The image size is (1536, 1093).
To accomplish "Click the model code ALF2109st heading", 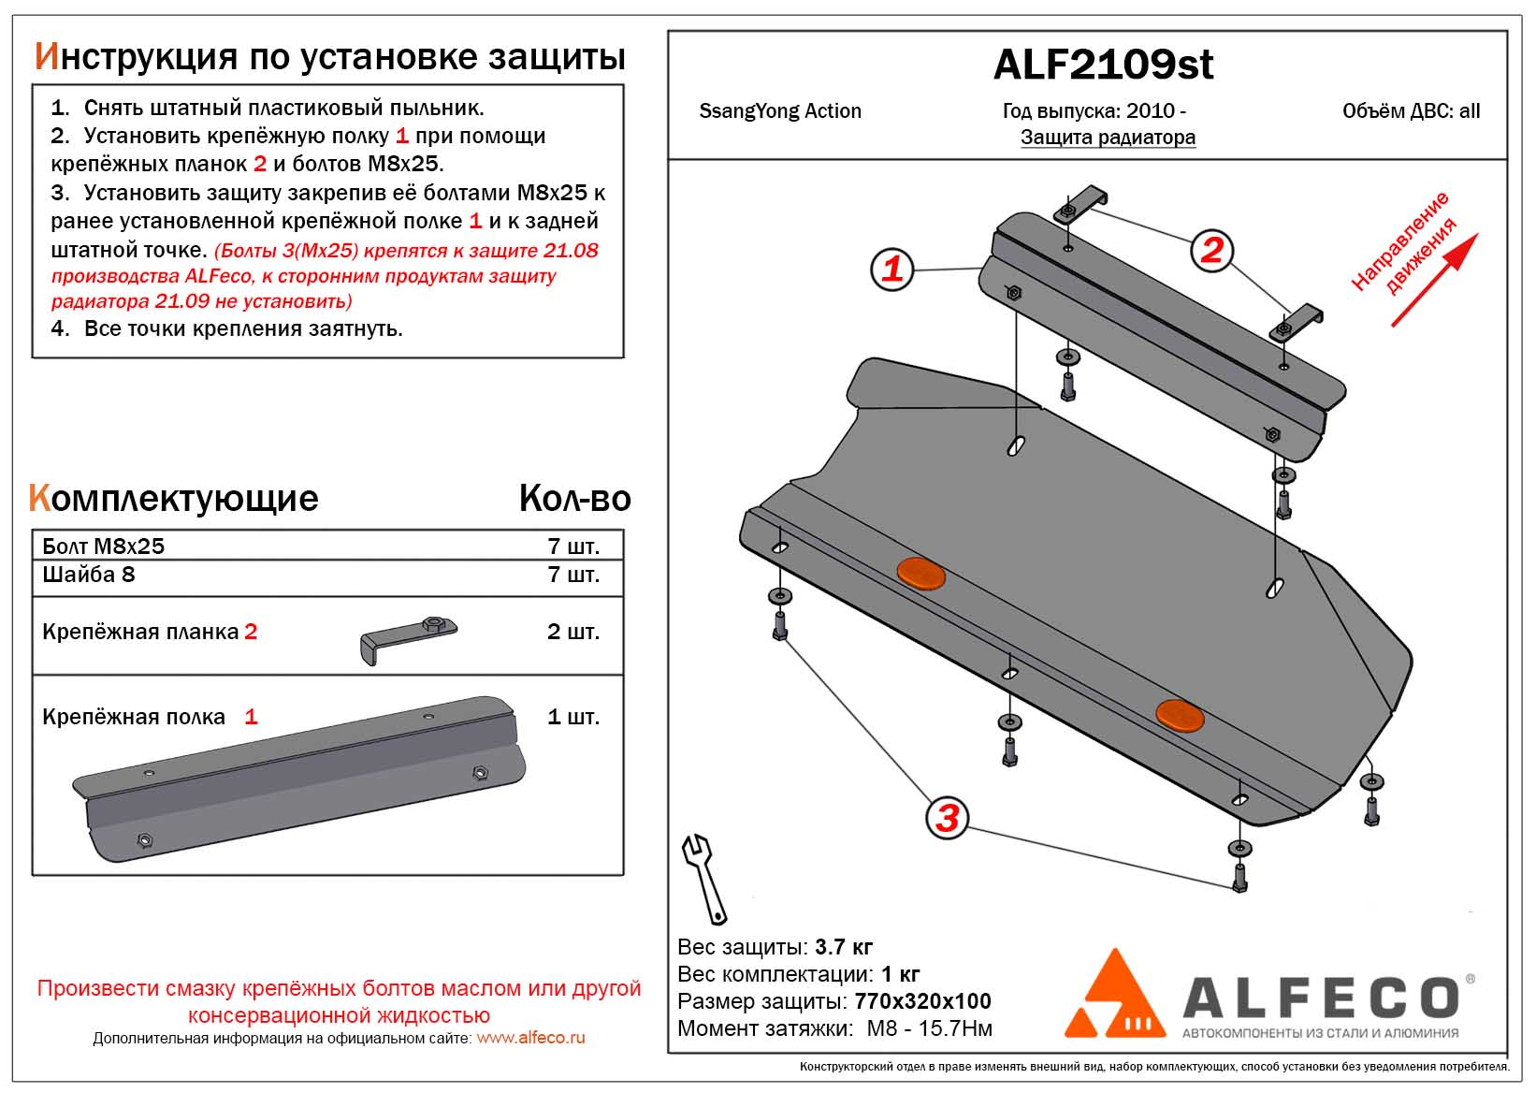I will [x=1103, y=65].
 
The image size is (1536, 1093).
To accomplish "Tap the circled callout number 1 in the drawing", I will [x=891, y=269].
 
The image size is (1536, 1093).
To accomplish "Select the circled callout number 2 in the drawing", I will [x=1211, y=250].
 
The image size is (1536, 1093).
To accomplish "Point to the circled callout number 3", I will [x=947, y=818].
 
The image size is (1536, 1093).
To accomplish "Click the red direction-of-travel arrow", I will [x=1434, y=280].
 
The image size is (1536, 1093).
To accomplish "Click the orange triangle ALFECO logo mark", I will [x=1115, y=993].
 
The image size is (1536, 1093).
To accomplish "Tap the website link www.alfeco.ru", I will [x=530, y=1038].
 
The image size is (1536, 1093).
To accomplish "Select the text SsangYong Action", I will [x=780, y=111].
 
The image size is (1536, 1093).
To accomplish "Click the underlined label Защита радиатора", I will [x=1108, y=138].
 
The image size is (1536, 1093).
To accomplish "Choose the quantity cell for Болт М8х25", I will [x=572, y=546].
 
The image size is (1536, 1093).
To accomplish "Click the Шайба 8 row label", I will [x=89, y=575].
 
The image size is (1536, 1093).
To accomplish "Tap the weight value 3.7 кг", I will [x=844, y=946].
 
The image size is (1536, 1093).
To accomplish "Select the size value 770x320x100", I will [x=922, y=1001].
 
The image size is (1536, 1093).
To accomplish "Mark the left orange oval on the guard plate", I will [x=920, y=573].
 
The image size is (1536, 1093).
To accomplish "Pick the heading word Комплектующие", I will [x=174, y=498].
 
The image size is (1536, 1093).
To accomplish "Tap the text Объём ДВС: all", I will [x=1411, y=111].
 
